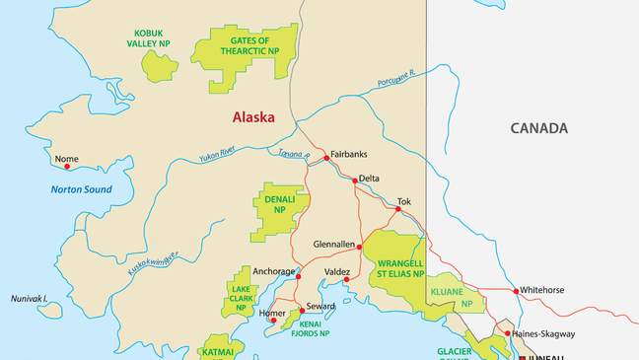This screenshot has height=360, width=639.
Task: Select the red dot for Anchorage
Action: tap(298, 277)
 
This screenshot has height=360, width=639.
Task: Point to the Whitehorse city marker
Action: tap(516, 291)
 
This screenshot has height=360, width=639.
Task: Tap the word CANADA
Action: tap(538, 128)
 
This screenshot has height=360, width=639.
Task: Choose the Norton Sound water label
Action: tap(85, 189)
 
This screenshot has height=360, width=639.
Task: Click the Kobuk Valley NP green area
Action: tap(160, 66)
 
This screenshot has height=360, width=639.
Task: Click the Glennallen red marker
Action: tap(360, 247)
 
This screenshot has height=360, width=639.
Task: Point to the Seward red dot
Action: tap(303, 311)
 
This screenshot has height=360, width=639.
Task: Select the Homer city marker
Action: tap(273, 321)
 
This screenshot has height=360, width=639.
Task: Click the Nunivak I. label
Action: tap(30, 298)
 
